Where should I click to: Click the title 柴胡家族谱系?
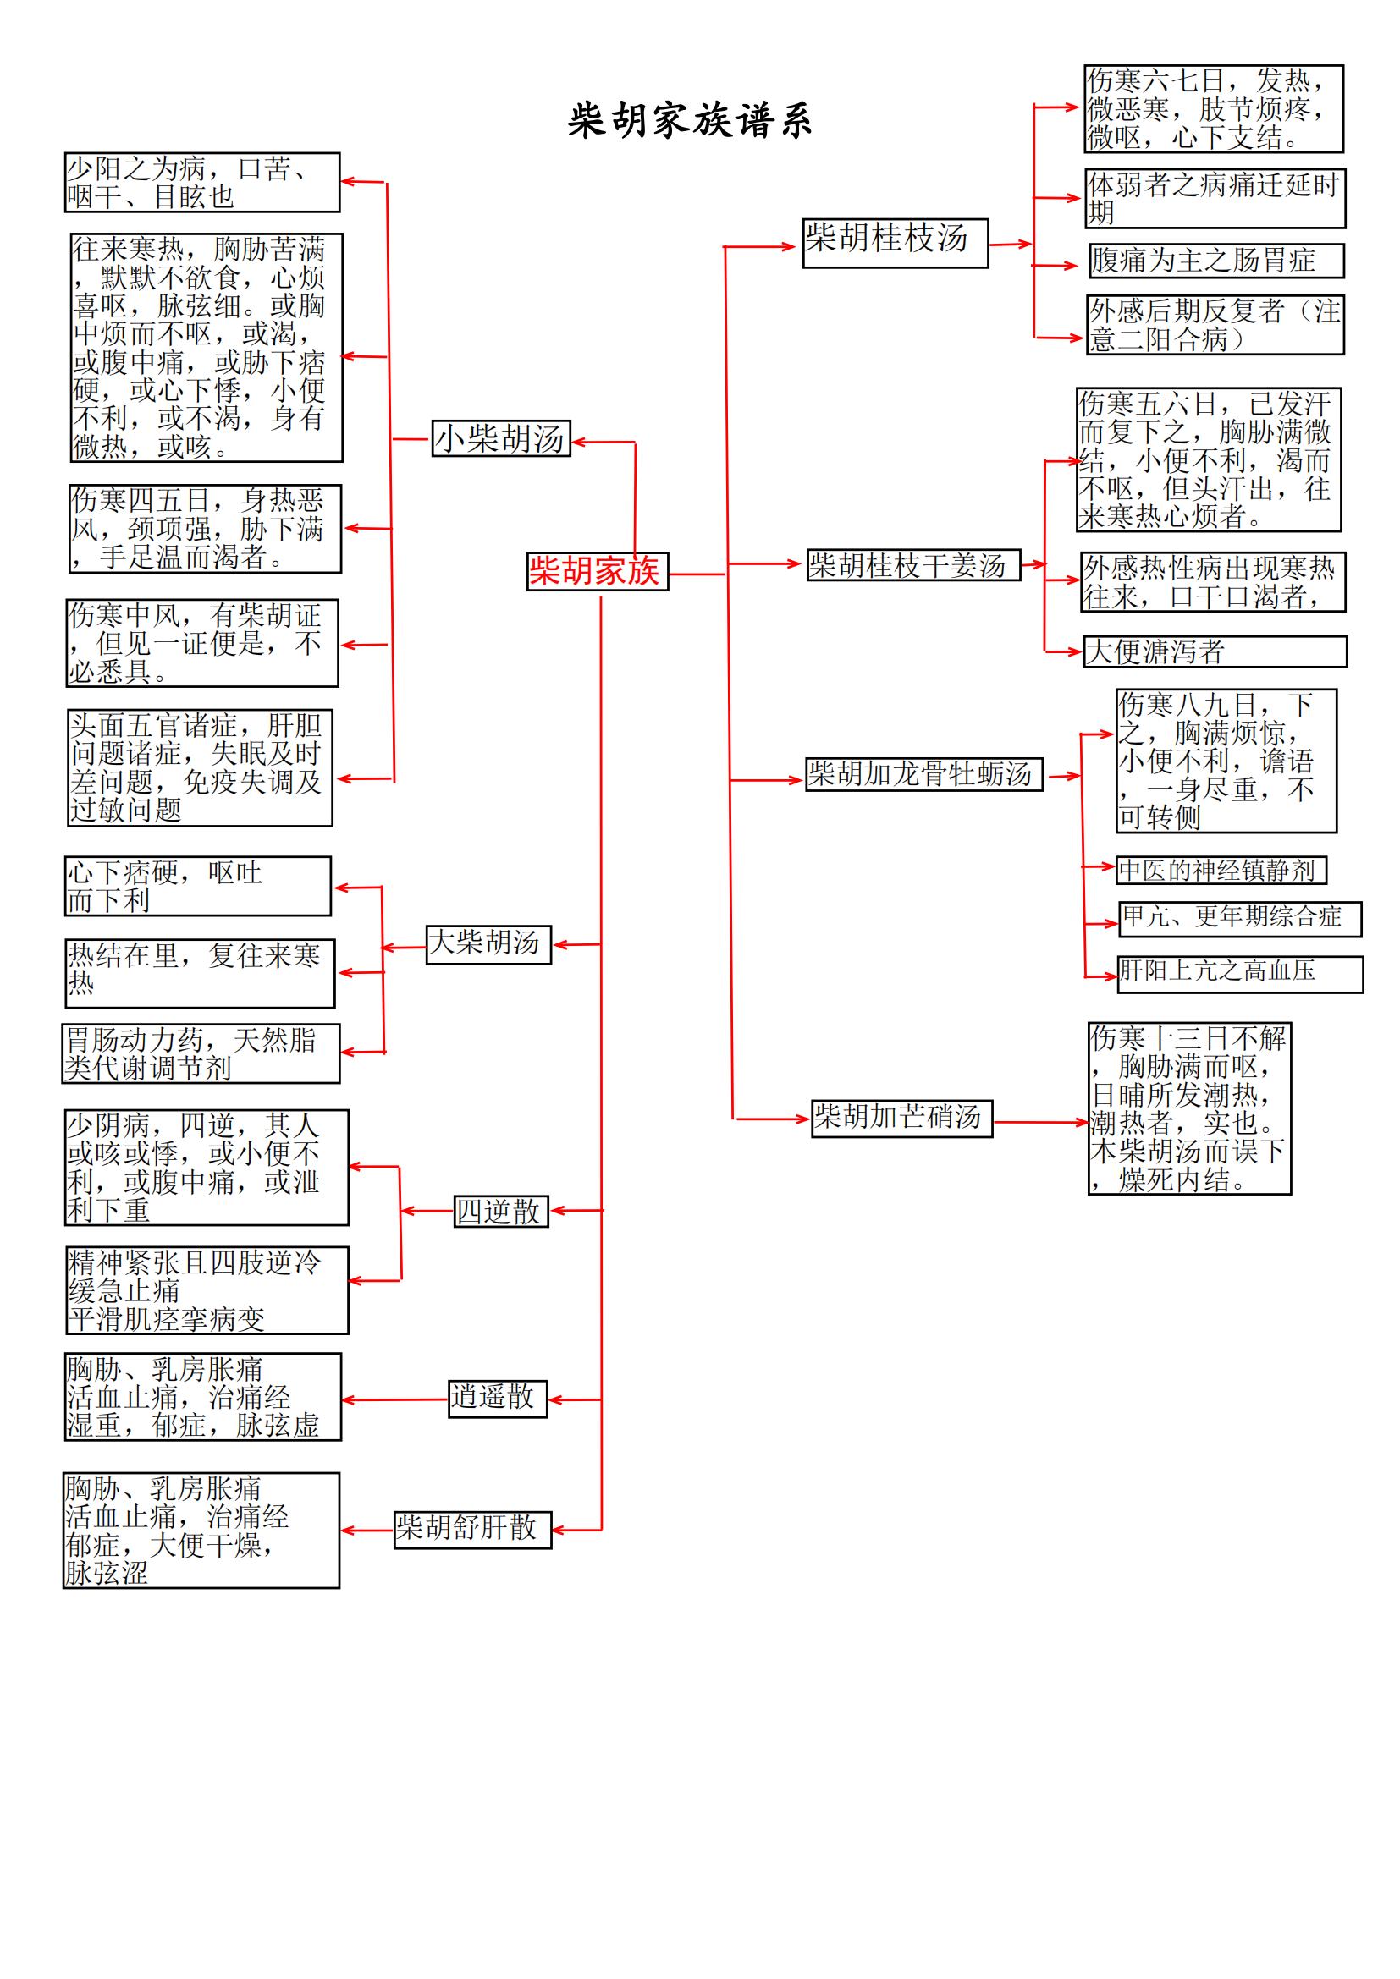(690, 120)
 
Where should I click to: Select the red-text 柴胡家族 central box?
(598, 570)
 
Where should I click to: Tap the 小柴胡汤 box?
(501, 438)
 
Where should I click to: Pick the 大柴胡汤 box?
(488, 944)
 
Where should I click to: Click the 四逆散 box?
(501, 1211)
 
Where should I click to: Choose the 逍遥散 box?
(498, 1398)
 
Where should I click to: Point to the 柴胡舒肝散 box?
(472, 1529)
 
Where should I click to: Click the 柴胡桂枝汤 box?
(895, 243)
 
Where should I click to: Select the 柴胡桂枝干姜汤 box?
(913, 564)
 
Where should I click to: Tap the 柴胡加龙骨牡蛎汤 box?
(923, 774)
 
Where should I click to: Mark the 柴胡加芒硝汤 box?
(901, 1118)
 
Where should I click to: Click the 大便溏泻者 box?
(1215, 651)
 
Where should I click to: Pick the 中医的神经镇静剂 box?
(1221, 870)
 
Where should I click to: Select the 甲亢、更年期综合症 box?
(1241, 919)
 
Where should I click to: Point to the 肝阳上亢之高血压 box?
(1241, 974)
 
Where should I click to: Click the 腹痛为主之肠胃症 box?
(1216, 261)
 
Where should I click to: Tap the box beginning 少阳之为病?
(202, 183)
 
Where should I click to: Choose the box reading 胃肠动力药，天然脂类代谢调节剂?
(201, 1053)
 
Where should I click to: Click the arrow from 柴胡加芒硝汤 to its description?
(1040, 1122)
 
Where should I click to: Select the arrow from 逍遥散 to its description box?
(394, 1399)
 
